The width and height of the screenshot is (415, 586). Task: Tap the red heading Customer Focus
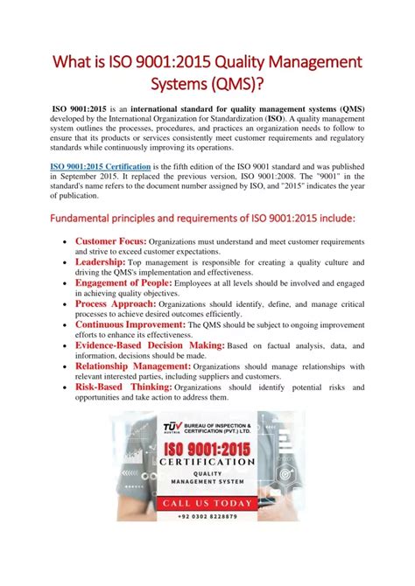coord(110,241)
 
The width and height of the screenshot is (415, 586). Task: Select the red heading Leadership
coord(100,262)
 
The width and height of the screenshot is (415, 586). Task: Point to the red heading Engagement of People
coord(123,283)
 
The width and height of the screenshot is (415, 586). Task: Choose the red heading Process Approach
coord(115,303)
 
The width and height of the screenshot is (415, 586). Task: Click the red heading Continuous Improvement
coord(130,324)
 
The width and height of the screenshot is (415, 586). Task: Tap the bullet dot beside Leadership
coord(67,262)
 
